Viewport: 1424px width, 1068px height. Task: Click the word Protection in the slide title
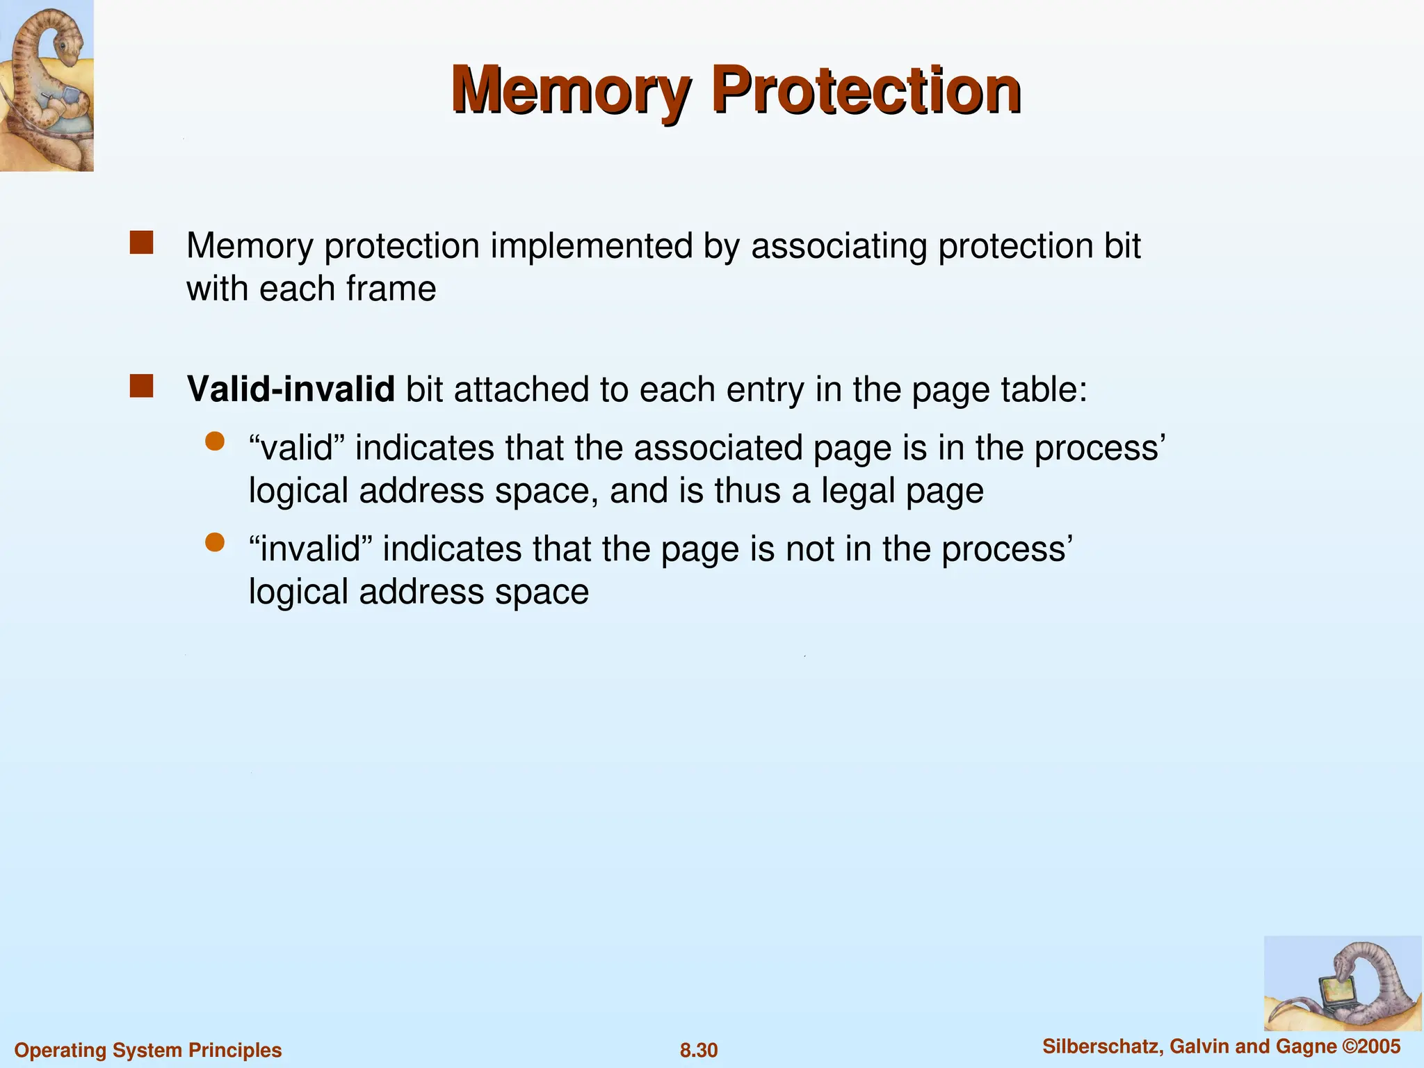click(866, 90)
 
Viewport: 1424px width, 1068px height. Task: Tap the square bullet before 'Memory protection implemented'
click(141, 243)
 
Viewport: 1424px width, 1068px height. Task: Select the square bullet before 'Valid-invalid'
click(141, 387)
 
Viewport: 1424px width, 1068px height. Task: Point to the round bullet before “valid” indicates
click(215, 442)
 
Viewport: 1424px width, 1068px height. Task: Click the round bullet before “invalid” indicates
click(215, 542)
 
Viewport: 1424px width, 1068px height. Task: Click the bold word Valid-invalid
click(291, 389)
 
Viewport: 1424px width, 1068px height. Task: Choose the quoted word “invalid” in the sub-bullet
click(312, 549)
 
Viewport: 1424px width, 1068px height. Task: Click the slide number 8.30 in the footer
click(699, 1050)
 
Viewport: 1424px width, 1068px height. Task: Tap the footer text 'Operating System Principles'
click(148, 1050)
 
